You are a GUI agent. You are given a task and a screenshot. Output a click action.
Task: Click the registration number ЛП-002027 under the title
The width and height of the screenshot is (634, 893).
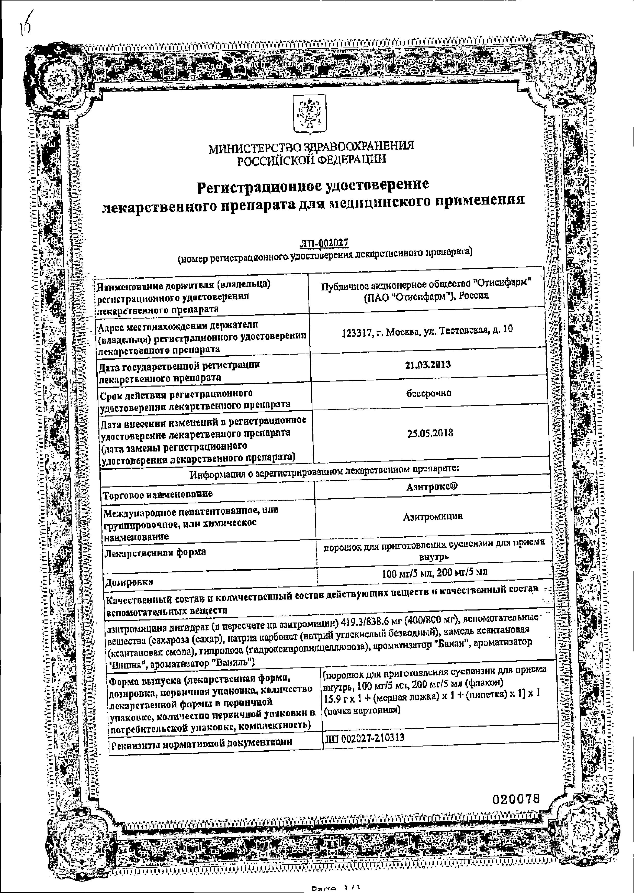[x=324, y=243]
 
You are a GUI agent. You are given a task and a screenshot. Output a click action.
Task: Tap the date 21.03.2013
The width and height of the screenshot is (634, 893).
[x=428, y=365]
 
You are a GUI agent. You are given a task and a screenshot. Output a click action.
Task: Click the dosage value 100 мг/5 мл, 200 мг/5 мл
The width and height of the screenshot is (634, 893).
[x=435, y=572]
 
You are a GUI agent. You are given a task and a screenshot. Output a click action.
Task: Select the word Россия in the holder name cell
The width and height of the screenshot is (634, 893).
[x=473, y=296]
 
